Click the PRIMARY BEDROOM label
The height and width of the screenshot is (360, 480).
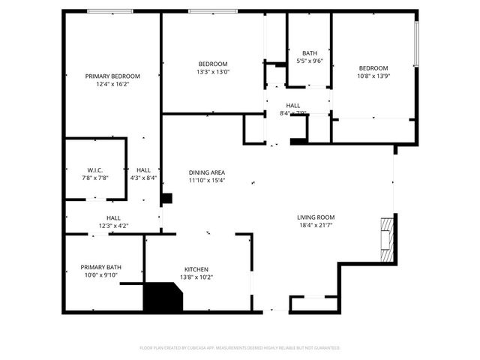tap(112, 76)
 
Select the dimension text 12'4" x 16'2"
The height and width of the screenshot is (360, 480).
tap(112, 85)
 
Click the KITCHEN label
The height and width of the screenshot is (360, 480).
tap(196, 269)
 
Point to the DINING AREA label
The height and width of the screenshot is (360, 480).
tap(207, 172)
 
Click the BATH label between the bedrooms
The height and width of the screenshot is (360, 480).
tap(310, 53)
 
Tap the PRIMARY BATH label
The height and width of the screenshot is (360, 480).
tap(101, 267)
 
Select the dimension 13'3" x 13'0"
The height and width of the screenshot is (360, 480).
tap(212, 73)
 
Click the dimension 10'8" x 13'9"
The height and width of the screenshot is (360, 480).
tap(373, 76)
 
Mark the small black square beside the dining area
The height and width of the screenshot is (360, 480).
tap(167, 199)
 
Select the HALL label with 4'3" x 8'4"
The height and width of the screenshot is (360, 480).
tap(142, 169)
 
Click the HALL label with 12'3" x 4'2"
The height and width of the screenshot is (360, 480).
tap(113, 217)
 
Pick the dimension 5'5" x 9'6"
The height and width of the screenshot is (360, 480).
tap(310, 61)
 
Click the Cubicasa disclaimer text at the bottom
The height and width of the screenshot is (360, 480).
tap(240, 348)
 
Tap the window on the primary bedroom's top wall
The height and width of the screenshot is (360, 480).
tap(110, 10)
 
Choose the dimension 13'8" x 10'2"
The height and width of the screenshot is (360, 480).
tap(196, 277)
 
